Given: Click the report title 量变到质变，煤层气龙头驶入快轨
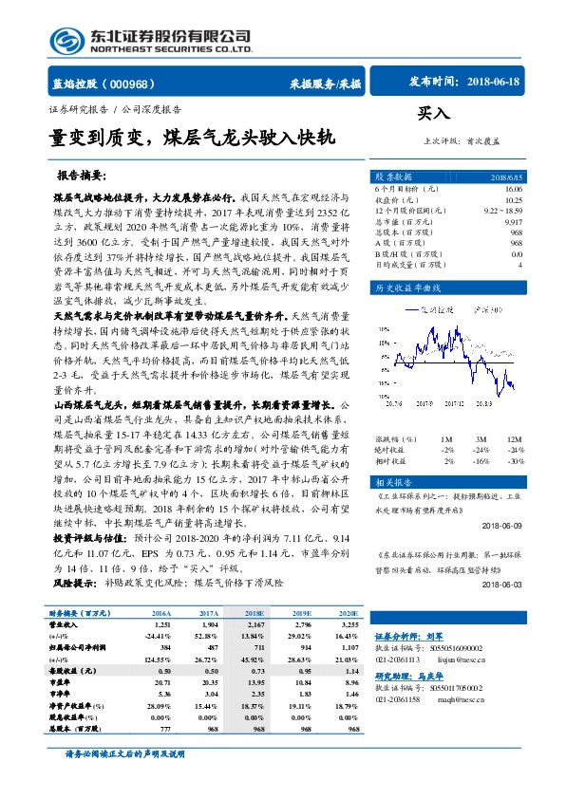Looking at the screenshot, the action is click(x=192, y=139).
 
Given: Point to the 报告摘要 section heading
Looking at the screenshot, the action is click(x=82, y=177).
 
